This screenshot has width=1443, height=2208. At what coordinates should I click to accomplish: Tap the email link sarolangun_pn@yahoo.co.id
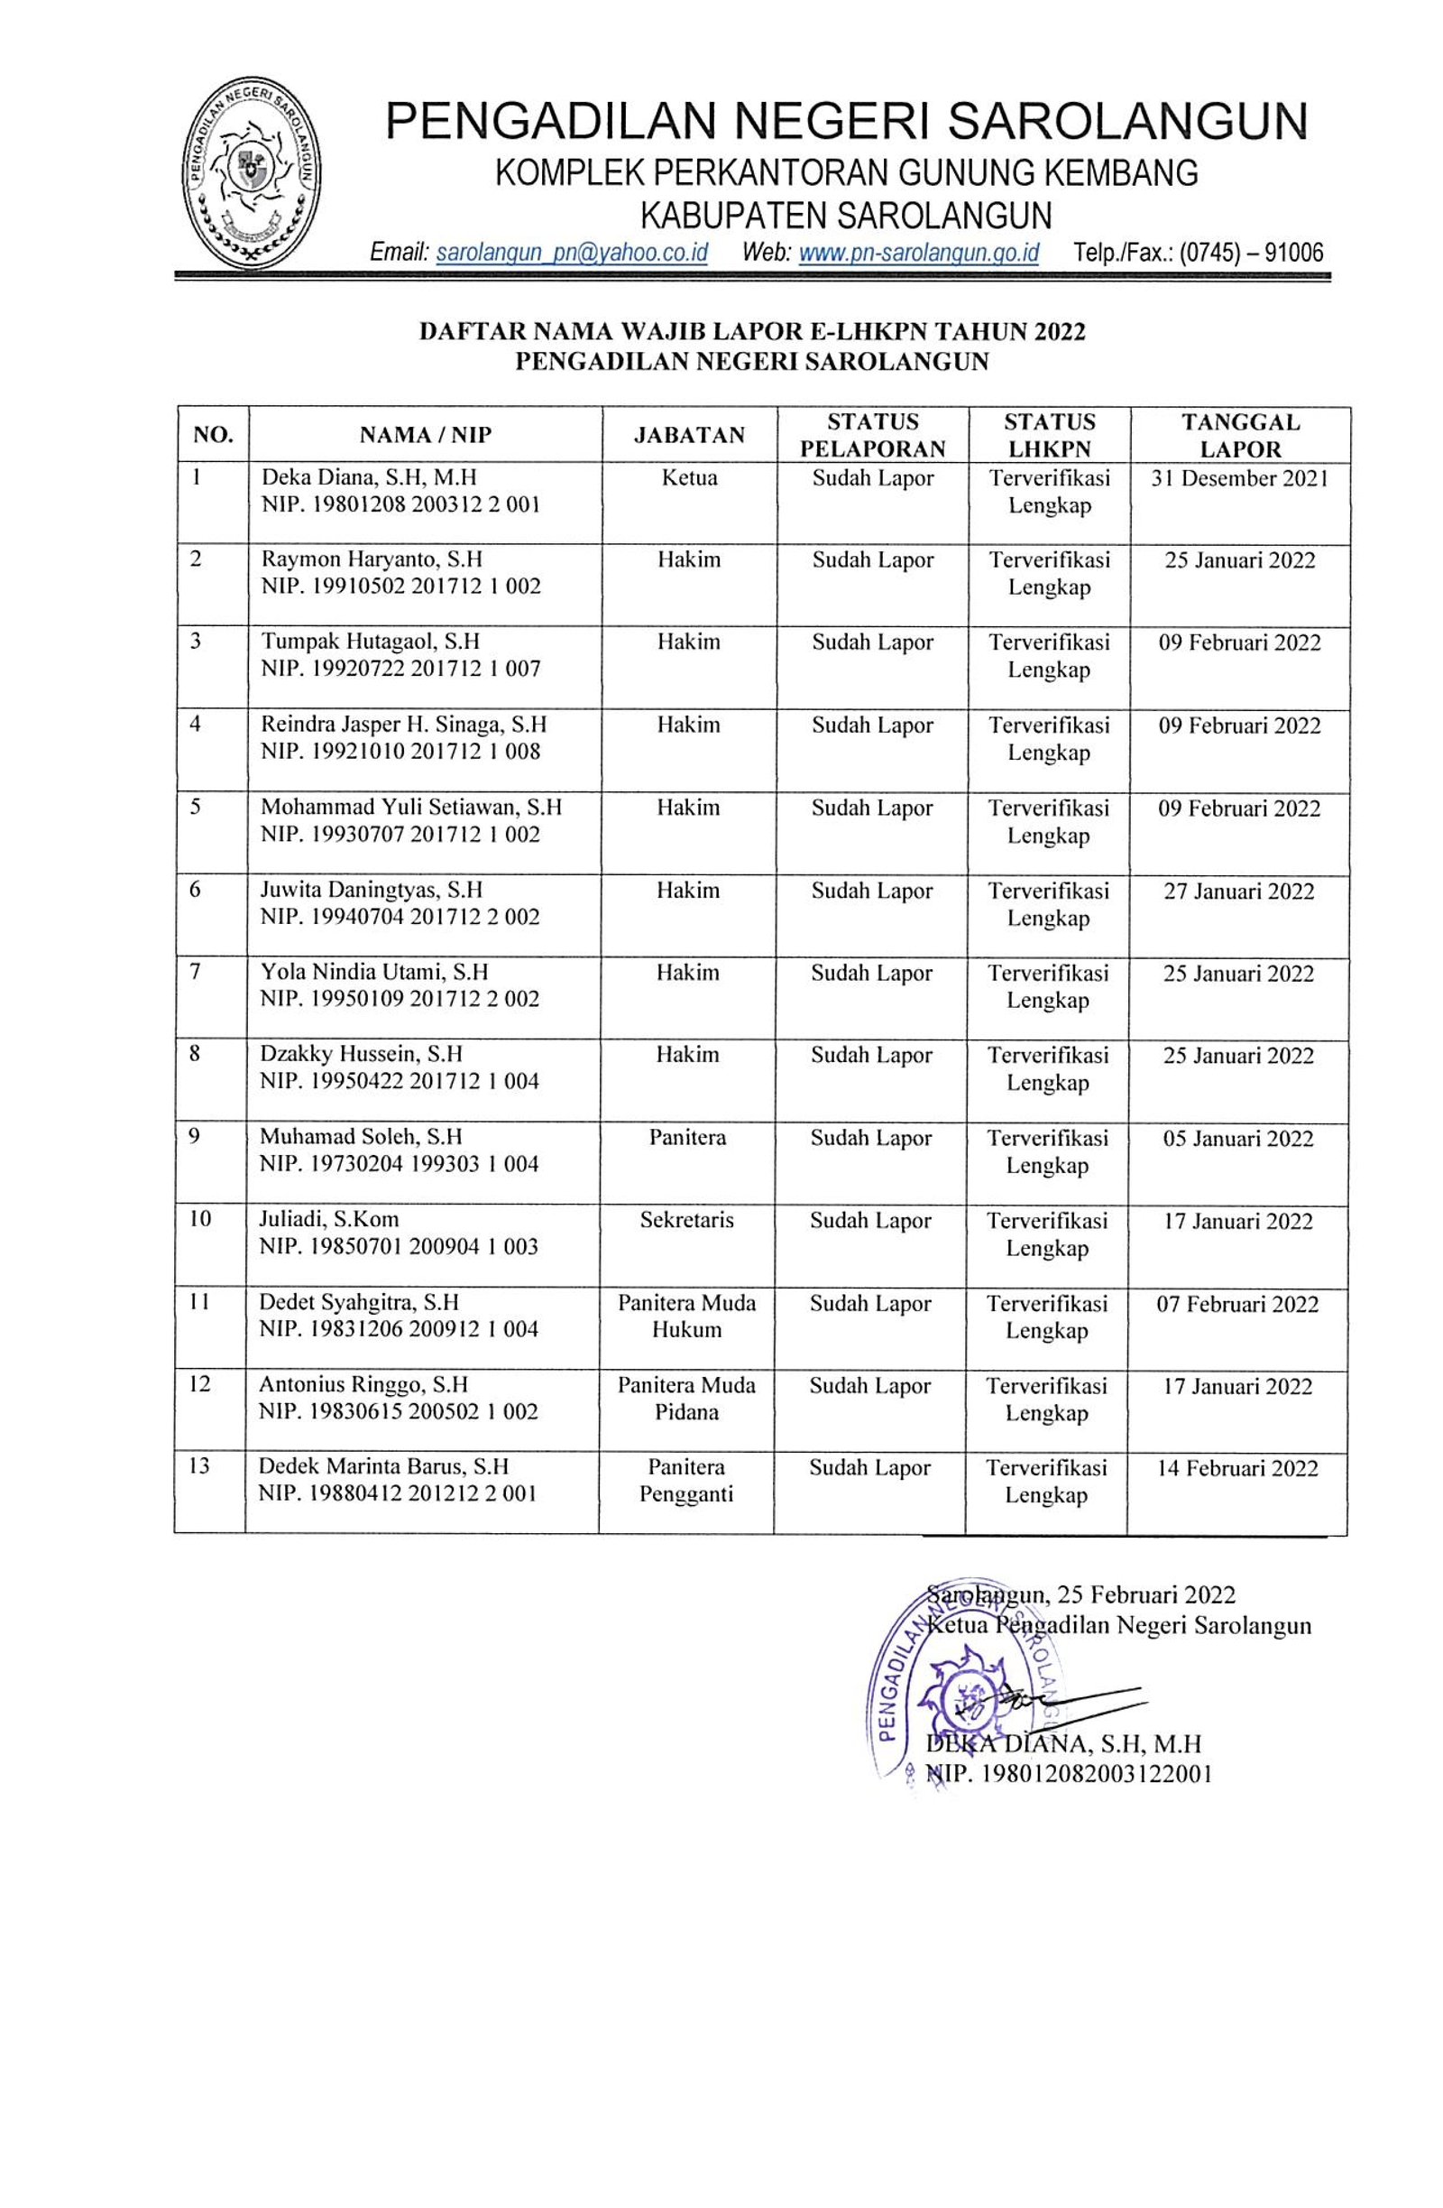point(571,253)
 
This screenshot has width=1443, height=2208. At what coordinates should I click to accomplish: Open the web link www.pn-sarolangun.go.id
point(918,253)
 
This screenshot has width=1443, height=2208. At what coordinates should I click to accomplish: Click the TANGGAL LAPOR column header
point(1239,435)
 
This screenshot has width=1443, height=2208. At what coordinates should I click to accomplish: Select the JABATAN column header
point(689,435)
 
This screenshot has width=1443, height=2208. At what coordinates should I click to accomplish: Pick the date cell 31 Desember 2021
point(1239,479)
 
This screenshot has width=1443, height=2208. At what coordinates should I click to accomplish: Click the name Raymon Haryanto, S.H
point(372,559)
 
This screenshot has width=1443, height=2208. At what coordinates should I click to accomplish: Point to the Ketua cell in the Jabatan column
point(689,479)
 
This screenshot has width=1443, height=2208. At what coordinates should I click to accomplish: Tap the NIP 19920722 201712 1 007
point(400,669)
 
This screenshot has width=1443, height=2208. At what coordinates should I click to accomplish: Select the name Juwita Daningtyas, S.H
point(371,890)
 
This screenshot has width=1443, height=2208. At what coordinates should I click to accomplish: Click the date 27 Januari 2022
point(1239,892)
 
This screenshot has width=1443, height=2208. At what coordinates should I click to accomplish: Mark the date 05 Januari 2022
point(1238,1139)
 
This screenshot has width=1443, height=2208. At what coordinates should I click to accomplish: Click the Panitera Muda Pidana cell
point(686,1398)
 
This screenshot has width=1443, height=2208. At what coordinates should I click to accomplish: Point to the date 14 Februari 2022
point(1237,1468)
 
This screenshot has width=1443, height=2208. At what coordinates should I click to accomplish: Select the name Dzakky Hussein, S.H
point(361,1055)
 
